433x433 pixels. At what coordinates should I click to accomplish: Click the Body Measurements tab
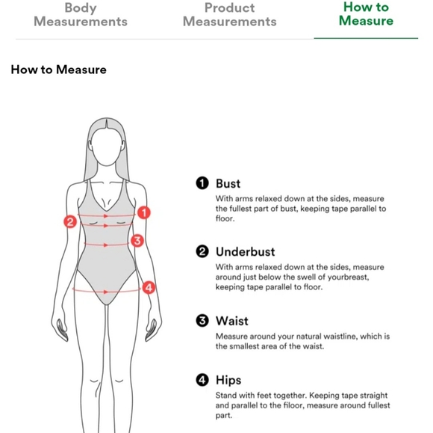81,15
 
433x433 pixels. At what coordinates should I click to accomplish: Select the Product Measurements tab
229,15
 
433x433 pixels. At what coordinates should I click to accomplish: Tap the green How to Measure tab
366,13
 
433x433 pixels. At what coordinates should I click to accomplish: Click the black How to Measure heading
58,70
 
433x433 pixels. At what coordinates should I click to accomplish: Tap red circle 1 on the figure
144,213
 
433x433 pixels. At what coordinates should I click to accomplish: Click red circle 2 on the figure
70,221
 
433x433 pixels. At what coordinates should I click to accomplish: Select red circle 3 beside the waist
137,241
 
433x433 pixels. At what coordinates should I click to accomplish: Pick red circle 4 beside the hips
149,287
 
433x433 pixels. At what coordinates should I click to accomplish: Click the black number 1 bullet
202,183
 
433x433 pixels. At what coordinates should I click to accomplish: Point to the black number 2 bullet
202,251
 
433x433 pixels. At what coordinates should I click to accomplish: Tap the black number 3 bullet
202,321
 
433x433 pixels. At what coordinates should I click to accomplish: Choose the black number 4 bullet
202,380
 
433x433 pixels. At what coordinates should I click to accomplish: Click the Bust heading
228,183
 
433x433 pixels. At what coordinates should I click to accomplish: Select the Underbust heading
245,252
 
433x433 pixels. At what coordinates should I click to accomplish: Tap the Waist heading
232,321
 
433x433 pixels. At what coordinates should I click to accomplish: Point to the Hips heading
228,380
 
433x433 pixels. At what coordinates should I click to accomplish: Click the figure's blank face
107,147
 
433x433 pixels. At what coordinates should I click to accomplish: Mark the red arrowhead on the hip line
105,292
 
